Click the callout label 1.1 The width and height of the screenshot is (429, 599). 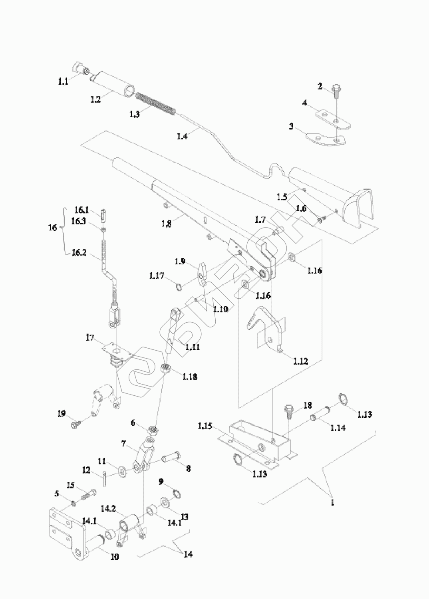click(x=62, y=81)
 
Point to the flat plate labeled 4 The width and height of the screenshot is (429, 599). click(x=334, y=119)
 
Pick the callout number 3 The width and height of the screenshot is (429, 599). click(x=291, y=127)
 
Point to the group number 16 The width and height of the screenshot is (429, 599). click(x=52, y=228)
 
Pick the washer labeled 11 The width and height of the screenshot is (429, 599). click(x=122, y=467)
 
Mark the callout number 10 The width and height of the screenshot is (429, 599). click(x=114, y=556)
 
